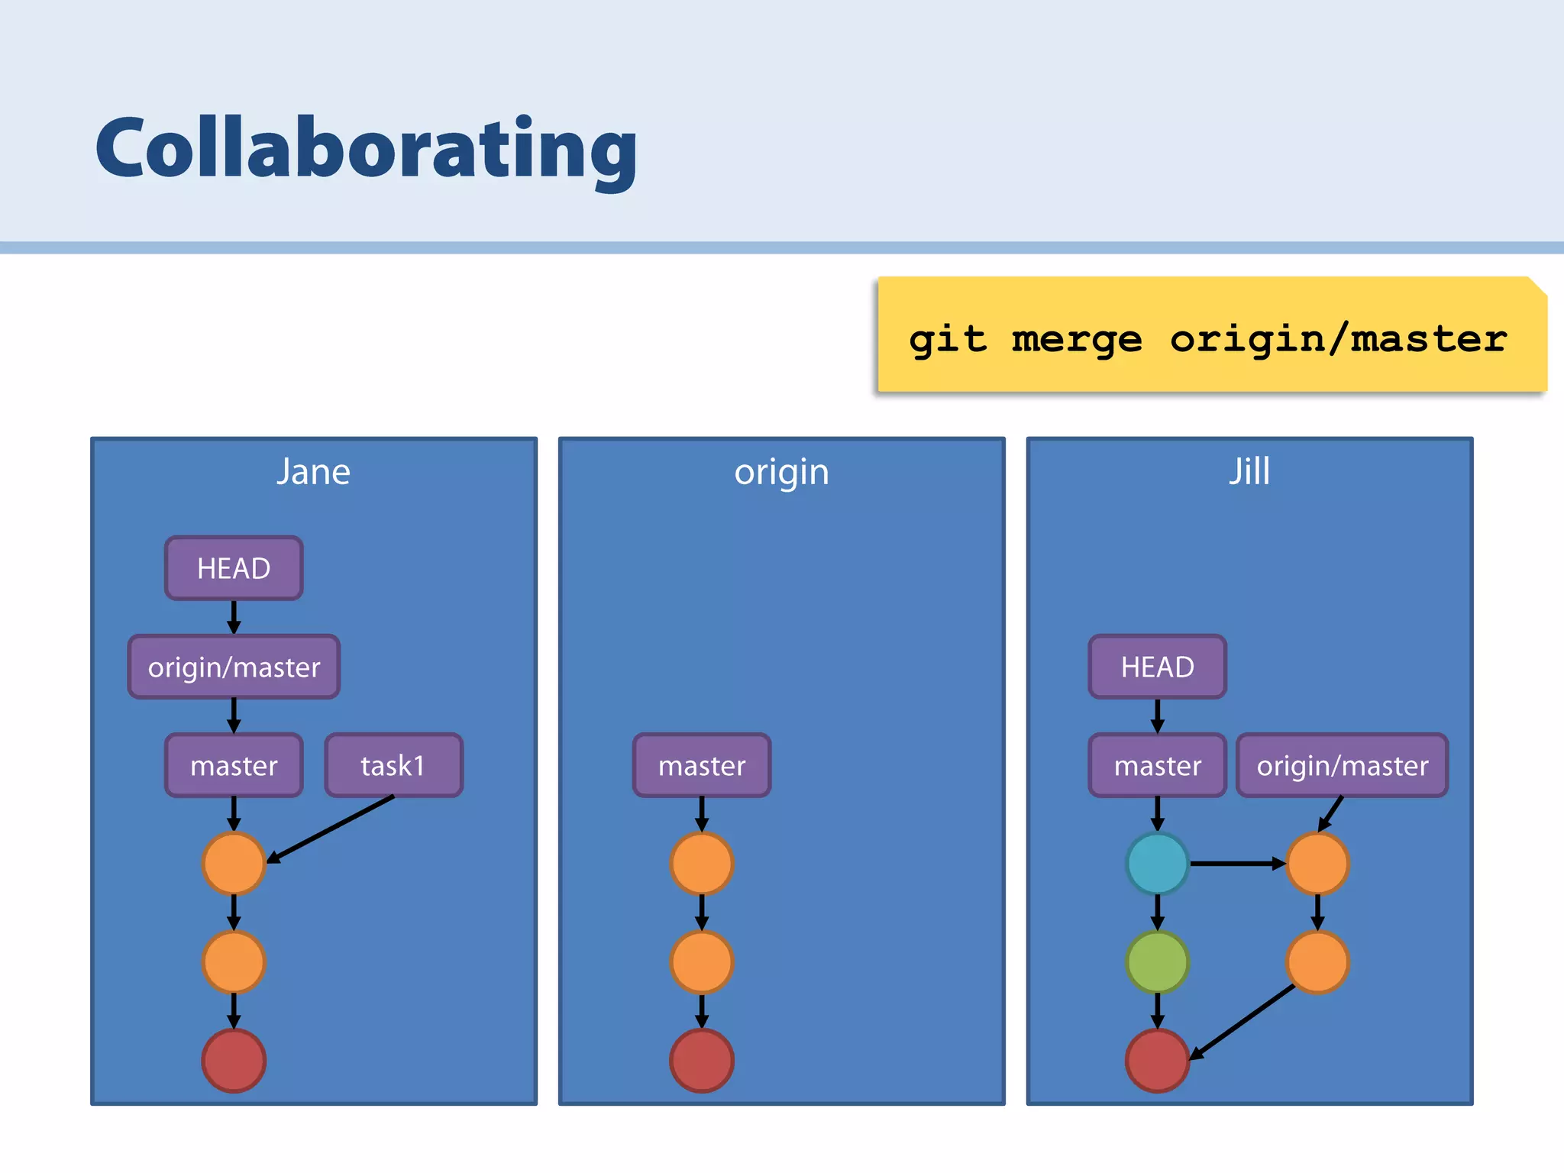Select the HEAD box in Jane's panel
pos(234,568)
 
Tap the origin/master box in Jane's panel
pos(234,667)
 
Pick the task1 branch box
pos(393,765)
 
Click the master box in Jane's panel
pos(234,765)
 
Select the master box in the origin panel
pos(702,765)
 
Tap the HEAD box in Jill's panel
pos(1157,667)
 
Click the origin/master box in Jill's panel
pos(1342,765)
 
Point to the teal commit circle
pos(1157,864)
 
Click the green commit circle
pos(1157,961)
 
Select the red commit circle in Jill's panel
pos(1157,1060)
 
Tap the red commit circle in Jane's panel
pos(234,1060)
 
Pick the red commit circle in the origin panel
pos(702,1060)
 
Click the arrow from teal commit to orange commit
pos(1237,864)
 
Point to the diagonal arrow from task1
pos(330,829)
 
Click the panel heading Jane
pos(313,472)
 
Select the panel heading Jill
pos(1249,471)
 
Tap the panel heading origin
pos(781,473)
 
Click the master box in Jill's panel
pos(1157,765)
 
